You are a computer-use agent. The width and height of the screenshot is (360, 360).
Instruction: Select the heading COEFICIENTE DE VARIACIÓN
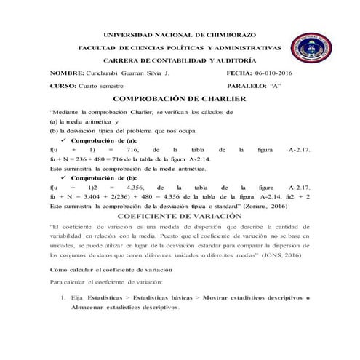178,217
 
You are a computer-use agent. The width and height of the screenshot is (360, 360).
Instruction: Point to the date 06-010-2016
273,74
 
